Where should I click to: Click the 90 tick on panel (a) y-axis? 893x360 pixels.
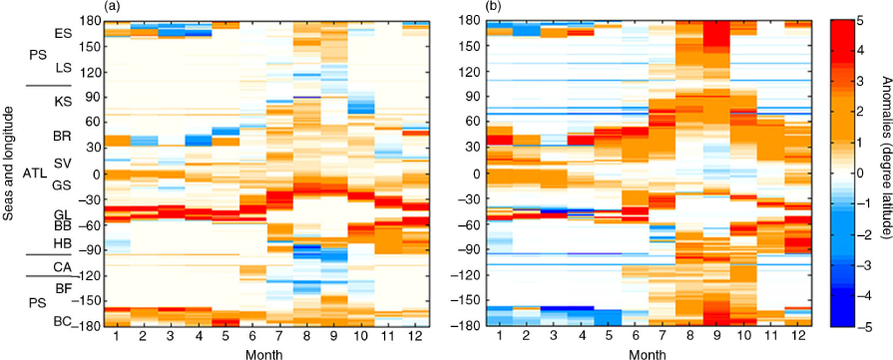(x=95, y=98)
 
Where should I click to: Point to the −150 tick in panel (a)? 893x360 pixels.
(x=88, y=301)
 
